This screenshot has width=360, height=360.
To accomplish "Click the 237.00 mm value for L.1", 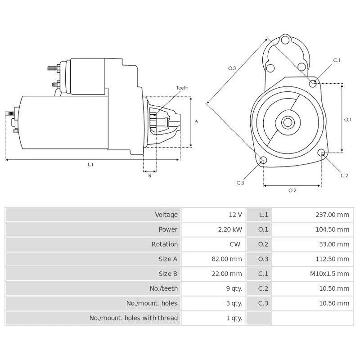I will point(333,215).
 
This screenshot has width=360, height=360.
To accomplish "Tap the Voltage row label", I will point(166,215).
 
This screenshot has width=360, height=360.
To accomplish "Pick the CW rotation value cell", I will point(235,244).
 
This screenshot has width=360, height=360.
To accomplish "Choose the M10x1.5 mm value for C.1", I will point(330,273).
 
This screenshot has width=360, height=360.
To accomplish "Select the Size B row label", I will point(168,273).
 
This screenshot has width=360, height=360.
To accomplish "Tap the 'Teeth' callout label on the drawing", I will point(182,88).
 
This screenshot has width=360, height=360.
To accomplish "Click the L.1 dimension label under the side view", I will point(90,165).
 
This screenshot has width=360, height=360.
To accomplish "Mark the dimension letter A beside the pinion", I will point(196,121).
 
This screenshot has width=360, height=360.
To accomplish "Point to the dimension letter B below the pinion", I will point(149,175).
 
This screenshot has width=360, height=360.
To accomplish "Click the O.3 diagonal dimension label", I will point(232,68).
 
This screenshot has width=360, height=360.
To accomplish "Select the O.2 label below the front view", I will point(292,190).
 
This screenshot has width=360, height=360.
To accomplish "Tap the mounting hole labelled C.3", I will point(264,161).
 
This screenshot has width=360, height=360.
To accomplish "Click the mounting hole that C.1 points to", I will point(313,82).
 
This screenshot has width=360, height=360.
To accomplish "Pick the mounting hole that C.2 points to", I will point(321,153).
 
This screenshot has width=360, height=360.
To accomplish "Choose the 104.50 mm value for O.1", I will point(333,229).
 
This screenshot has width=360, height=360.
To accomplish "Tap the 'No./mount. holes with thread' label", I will point(134,318).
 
